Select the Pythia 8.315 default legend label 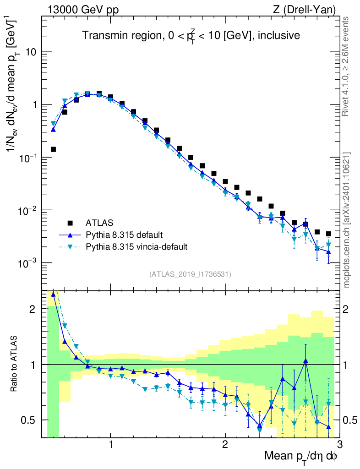[x=124, y=235]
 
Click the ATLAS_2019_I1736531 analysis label [x=190, y=274]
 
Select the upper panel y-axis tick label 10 [x=31, y=52]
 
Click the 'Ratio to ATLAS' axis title [x=14, y=364]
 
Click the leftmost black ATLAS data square [x=53, y=149]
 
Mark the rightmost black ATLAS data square [x=328, y=234]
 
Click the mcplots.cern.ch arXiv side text [x=347, y=220]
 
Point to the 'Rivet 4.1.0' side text [x=347, y=66]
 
